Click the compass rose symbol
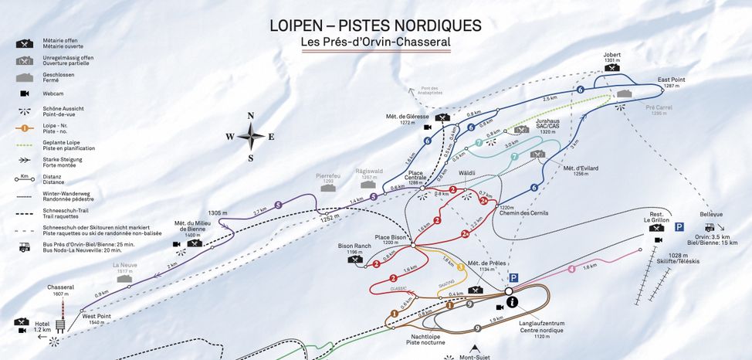[x=251, y=138]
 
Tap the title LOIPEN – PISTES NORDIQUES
[x=375, y=25]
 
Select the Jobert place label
[x=612, y=55]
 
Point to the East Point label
[x=672, y=80]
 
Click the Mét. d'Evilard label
[x=581, y=169]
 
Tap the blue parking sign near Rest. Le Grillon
[x=679, y=226]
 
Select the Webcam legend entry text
[x=53, y=93]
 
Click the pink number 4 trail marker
[x=572, y=269]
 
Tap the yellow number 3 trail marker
[x=461, y=267]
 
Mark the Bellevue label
[x=711, y=214]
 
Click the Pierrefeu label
[x=328, y=176]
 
